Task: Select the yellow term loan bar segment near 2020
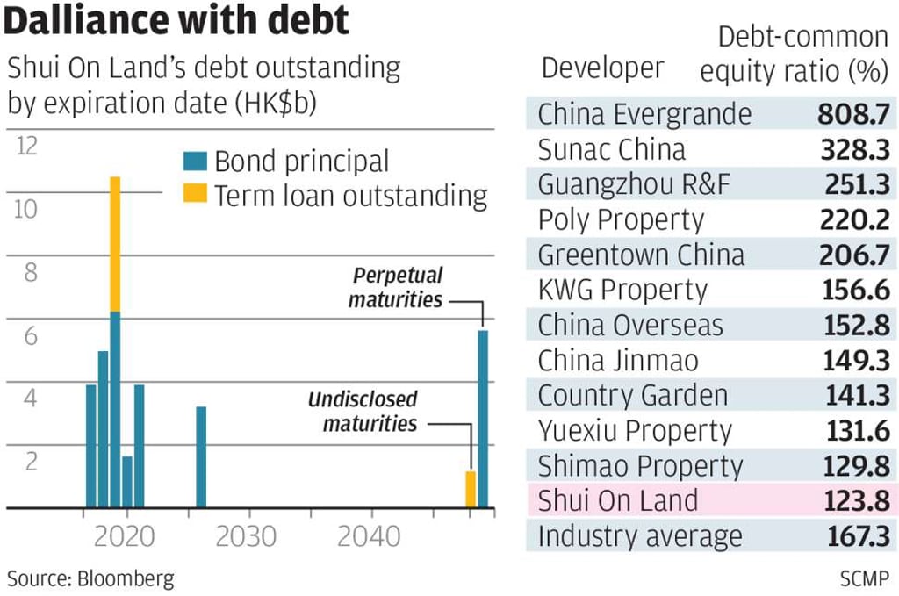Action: click(x=115, y=244)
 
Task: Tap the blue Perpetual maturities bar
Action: click(x=482, y=419)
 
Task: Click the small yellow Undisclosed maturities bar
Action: click(x=471, y=490)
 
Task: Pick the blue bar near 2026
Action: click(x=201, y=457)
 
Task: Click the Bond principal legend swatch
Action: click(x=195, y=162)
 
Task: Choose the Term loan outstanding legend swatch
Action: click(x=195, y=195)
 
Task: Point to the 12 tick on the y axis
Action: click(x=28, y=146)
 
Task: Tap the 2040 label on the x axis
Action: click(x=368, y=535)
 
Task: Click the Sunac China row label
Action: click(x=611, y=149)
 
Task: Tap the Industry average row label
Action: click(x=640, y=536)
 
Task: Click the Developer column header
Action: click(x=602, y=68)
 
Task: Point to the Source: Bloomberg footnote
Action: click(x=90, y=578)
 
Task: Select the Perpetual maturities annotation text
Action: click(x=396, y=287)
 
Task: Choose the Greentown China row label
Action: click(x=641, y=255)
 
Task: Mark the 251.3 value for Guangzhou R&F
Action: click(x=853, y=184)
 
